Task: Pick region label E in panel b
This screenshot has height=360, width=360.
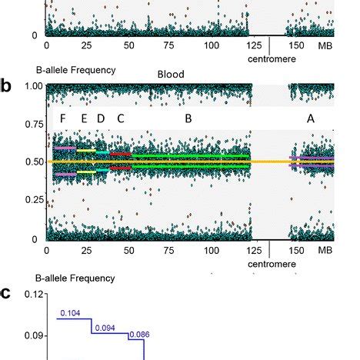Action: coord(84,118)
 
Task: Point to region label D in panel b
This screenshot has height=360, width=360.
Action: coord(100,118)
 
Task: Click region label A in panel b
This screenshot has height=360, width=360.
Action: coord(310,118)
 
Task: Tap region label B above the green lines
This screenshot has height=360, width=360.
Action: coord(188,118)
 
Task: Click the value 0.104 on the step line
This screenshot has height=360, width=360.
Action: coord(69,313)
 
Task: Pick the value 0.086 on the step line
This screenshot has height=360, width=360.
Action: coord(138,335)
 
